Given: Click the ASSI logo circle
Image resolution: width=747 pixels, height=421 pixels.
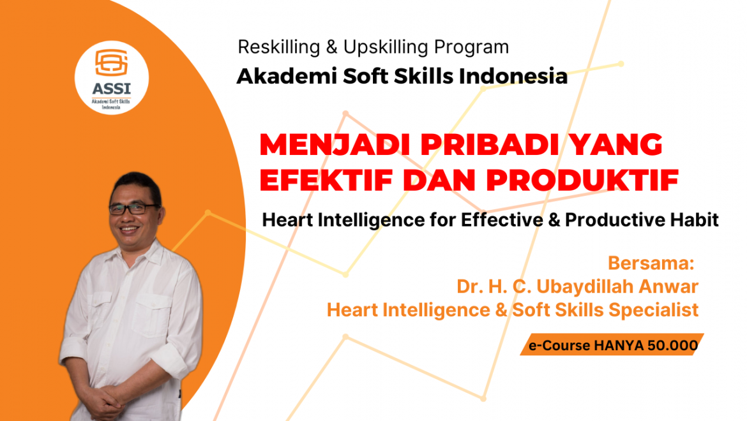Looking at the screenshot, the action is pyautogui.click(x=112, y=78).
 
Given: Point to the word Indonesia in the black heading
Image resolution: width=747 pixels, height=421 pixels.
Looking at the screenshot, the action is pyautogui.click(x=513, y=76).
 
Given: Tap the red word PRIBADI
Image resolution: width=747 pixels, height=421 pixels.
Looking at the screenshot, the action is pyautogui.click(x=490, y=145).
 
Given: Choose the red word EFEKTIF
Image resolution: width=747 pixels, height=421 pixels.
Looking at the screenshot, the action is pyautogui.click(x=326, y=181).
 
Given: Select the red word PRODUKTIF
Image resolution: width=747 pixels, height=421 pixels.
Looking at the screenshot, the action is pyautogui.click(x=582, y=181).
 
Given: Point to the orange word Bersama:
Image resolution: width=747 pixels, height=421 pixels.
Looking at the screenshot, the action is pyautogui.click(x=651, y=263).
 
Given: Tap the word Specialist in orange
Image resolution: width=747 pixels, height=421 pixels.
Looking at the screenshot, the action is pyautogui.click(x=653, y=310).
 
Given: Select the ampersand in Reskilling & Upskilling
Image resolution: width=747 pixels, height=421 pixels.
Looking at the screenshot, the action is pyautogui.click(x=331, y=48).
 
